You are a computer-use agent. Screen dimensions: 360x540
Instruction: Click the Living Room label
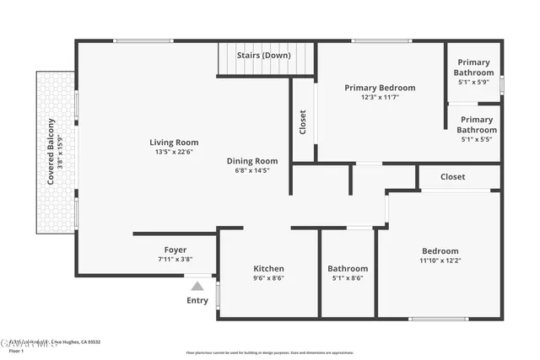174,142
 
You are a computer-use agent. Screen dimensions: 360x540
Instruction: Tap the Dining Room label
251,161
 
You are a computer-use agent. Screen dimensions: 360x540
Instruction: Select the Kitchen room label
268,269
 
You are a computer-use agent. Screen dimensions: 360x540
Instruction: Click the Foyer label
175,250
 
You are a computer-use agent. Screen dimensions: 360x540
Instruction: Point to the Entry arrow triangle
197,287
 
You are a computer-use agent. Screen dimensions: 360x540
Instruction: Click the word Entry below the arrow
197,301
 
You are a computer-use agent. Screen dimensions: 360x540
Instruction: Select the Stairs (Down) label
264,56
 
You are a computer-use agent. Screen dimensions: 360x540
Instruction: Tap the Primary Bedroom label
380,88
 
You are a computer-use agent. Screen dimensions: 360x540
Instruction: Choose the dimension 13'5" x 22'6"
174,153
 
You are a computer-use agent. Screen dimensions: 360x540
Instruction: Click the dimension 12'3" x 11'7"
380,97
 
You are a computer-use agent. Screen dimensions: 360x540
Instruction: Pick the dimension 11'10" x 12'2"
440,261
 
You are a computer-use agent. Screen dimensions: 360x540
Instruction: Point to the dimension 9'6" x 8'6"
268,278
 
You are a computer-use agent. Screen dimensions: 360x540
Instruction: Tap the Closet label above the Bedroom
452,177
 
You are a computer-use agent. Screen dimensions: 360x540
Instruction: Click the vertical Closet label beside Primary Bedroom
303,123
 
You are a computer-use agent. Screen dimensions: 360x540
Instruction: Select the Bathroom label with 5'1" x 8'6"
348,269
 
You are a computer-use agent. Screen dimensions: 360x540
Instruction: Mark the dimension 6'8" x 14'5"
251,170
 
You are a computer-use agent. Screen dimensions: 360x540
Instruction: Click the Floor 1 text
12,350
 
